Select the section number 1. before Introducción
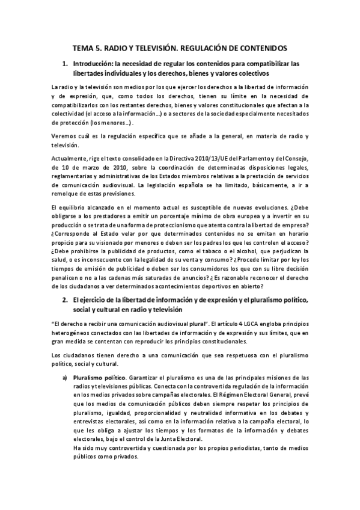point(65,63)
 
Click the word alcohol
point(240,251)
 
